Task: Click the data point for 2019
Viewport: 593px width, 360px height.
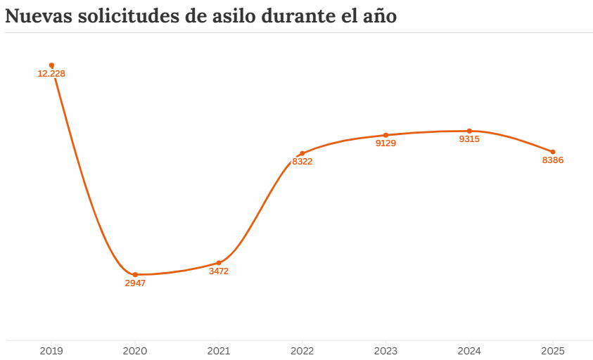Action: [51, 65]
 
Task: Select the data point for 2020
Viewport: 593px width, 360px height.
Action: [135, 274]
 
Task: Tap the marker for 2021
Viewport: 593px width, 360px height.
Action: [219, 263]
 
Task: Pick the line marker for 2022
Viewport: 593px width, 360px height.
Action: [302, 153]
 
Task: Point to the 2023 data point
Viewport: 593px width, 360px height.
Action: [385, 135]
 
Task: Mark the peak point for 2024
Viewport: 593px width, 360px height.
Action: [469, 131]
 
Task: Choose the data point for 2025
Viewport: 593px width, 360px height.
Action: [553, 152]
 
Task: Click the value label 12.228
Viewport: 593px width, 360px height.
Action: [51, 74]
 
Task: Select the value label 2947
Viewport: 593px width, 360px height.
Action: [135, 283]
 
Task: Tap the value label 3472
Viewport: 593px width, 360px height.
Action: [219, 271]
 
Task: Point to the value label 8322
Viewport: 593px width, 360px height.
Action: [302, 162]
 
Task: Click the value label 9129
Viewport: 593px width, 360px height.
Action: [385, 143]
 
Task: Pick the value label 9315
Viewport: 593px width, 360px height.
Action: [469, 139]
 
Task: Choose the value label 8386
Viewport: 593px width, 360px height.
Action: [553, 160]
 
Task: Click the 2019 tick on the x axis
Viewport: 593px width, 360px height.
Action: [51, 349]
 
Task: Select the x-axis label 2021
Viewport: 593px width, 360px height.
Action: [219, 349]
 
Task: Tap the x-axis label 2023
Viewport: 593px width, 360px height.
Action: [385, 349]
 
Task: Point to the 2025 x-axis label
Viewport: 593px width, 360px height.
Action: [553, 349]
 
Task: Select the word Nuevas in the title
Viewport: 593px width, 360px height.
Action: [37, 16]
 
